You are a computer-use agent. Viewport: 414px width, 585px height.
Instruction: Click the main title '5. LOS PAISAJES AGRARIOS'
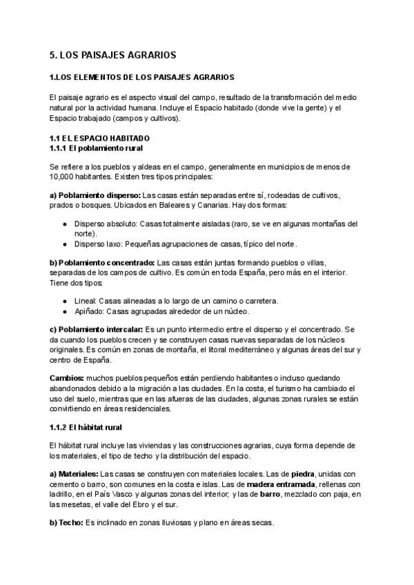pos(113,54)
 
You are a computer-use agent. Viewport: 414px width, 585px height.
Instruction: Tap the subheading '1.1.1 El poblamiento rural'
pos(96,148)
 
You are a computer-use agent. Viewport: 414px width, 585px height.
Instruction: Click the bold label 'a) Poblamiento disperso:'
pos(95,195)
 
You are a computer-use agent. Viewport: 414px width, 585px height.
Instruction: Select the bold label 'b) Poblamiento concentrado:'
pos(102,263)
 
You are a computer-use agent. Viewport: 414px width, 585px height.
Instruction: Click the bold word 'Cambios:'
pos(67,379)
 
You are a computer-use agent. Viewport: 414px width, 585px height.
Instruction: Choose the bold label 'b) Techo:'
pos(66,524)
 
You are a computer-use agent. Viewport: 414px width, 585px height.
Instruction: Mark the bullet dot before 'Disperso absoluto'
pos(65,224)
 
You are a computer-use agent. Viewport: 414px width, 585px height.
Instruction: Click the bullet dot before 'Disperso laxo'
pos(65,244)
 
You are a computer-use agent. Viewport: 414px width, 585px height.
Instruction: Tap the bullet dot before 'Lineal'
pos(65,301)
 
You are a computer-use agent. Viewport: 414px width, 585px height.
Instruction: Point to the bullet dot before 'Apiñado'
pos(65,311)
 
